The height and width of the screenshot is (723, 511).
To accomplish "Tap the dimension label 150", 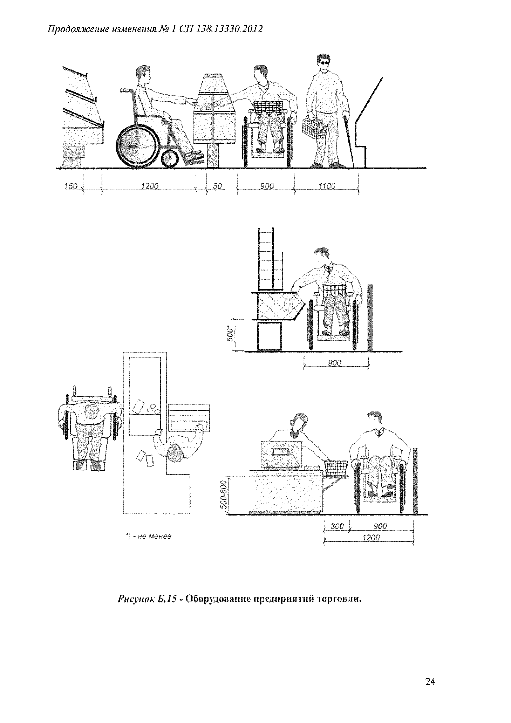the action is [71, 186].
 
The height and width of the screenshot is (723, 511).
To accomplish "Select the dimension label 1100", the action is [327, 186].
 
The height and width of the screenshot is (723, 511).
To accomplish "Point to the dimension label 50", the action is [217, 186].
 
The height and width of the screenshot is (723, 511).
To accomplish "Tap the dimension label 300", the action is [337, 526].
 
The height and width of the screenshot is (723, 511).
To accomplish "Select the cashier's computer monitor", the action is [281, 453].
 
